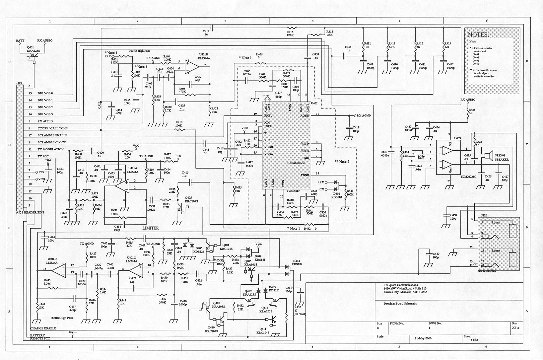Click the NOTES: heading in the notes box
point(478,35)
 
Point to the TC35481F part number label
point(291,191)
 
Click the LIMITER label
point(151,228)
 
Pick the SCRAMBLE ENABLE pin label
point(52,135)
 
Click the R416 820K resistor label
point(290,34)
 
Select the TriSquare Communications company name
point(400,285)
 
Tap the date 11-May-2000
point(423,338)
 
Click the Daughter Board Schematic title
point(400,303)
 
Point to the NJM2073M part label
point(468,177)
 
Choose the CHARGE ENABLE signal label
point(43,328)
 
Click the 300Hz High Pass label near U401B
point(139,51)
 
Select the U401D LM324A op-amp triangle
point(59,269)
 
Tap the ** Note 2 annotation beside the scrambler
point(342,162)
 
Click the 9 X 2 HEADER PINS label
point(30,212)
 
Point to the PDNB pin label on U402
point(305,175)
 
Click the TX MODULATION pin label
point(50,149)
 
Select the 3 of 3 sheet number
point(474,340)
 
